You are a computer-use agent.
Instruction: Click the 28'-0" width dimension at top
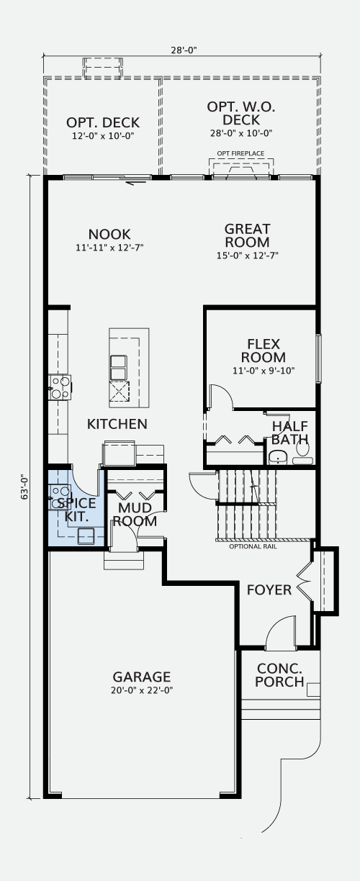184,50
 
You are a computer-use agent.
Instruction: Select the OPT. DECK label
103,122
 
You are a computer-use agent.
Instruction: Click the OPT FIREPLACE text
240,153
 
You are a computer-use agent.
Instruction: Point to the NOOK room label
109,235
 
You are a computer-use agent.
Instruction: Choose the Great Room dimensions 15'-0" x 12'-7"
248,256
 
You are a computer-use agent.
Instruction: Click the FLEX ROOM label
264,351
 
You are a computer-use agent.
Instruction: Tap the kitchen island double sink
118,367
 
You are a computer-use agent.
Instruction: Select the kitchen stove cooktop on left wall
60,387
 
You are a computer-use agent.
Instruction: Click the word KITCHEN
117,424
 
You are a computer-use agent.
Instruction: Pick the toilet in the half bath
302,452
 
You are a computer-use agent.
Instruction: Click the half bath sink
278,457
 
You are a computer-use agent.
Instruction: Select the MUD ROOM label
135,515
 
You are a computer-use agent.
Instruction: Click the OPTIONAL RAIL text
253,546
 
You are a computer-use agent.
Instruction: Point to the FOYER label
269,590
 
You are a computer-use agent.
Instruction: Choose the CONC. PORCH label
279,675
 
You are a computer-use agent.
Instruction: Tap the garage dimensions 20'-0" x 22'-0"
142,690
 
